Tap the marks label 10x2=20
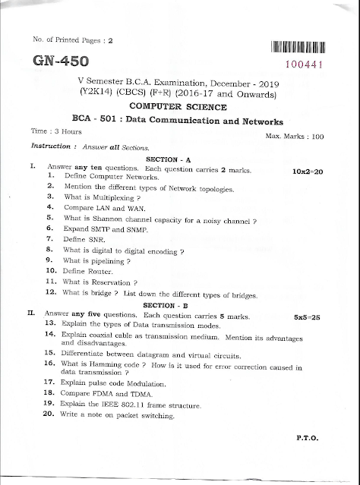coord(308,172)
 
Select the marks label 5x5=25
coord(309,315)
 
